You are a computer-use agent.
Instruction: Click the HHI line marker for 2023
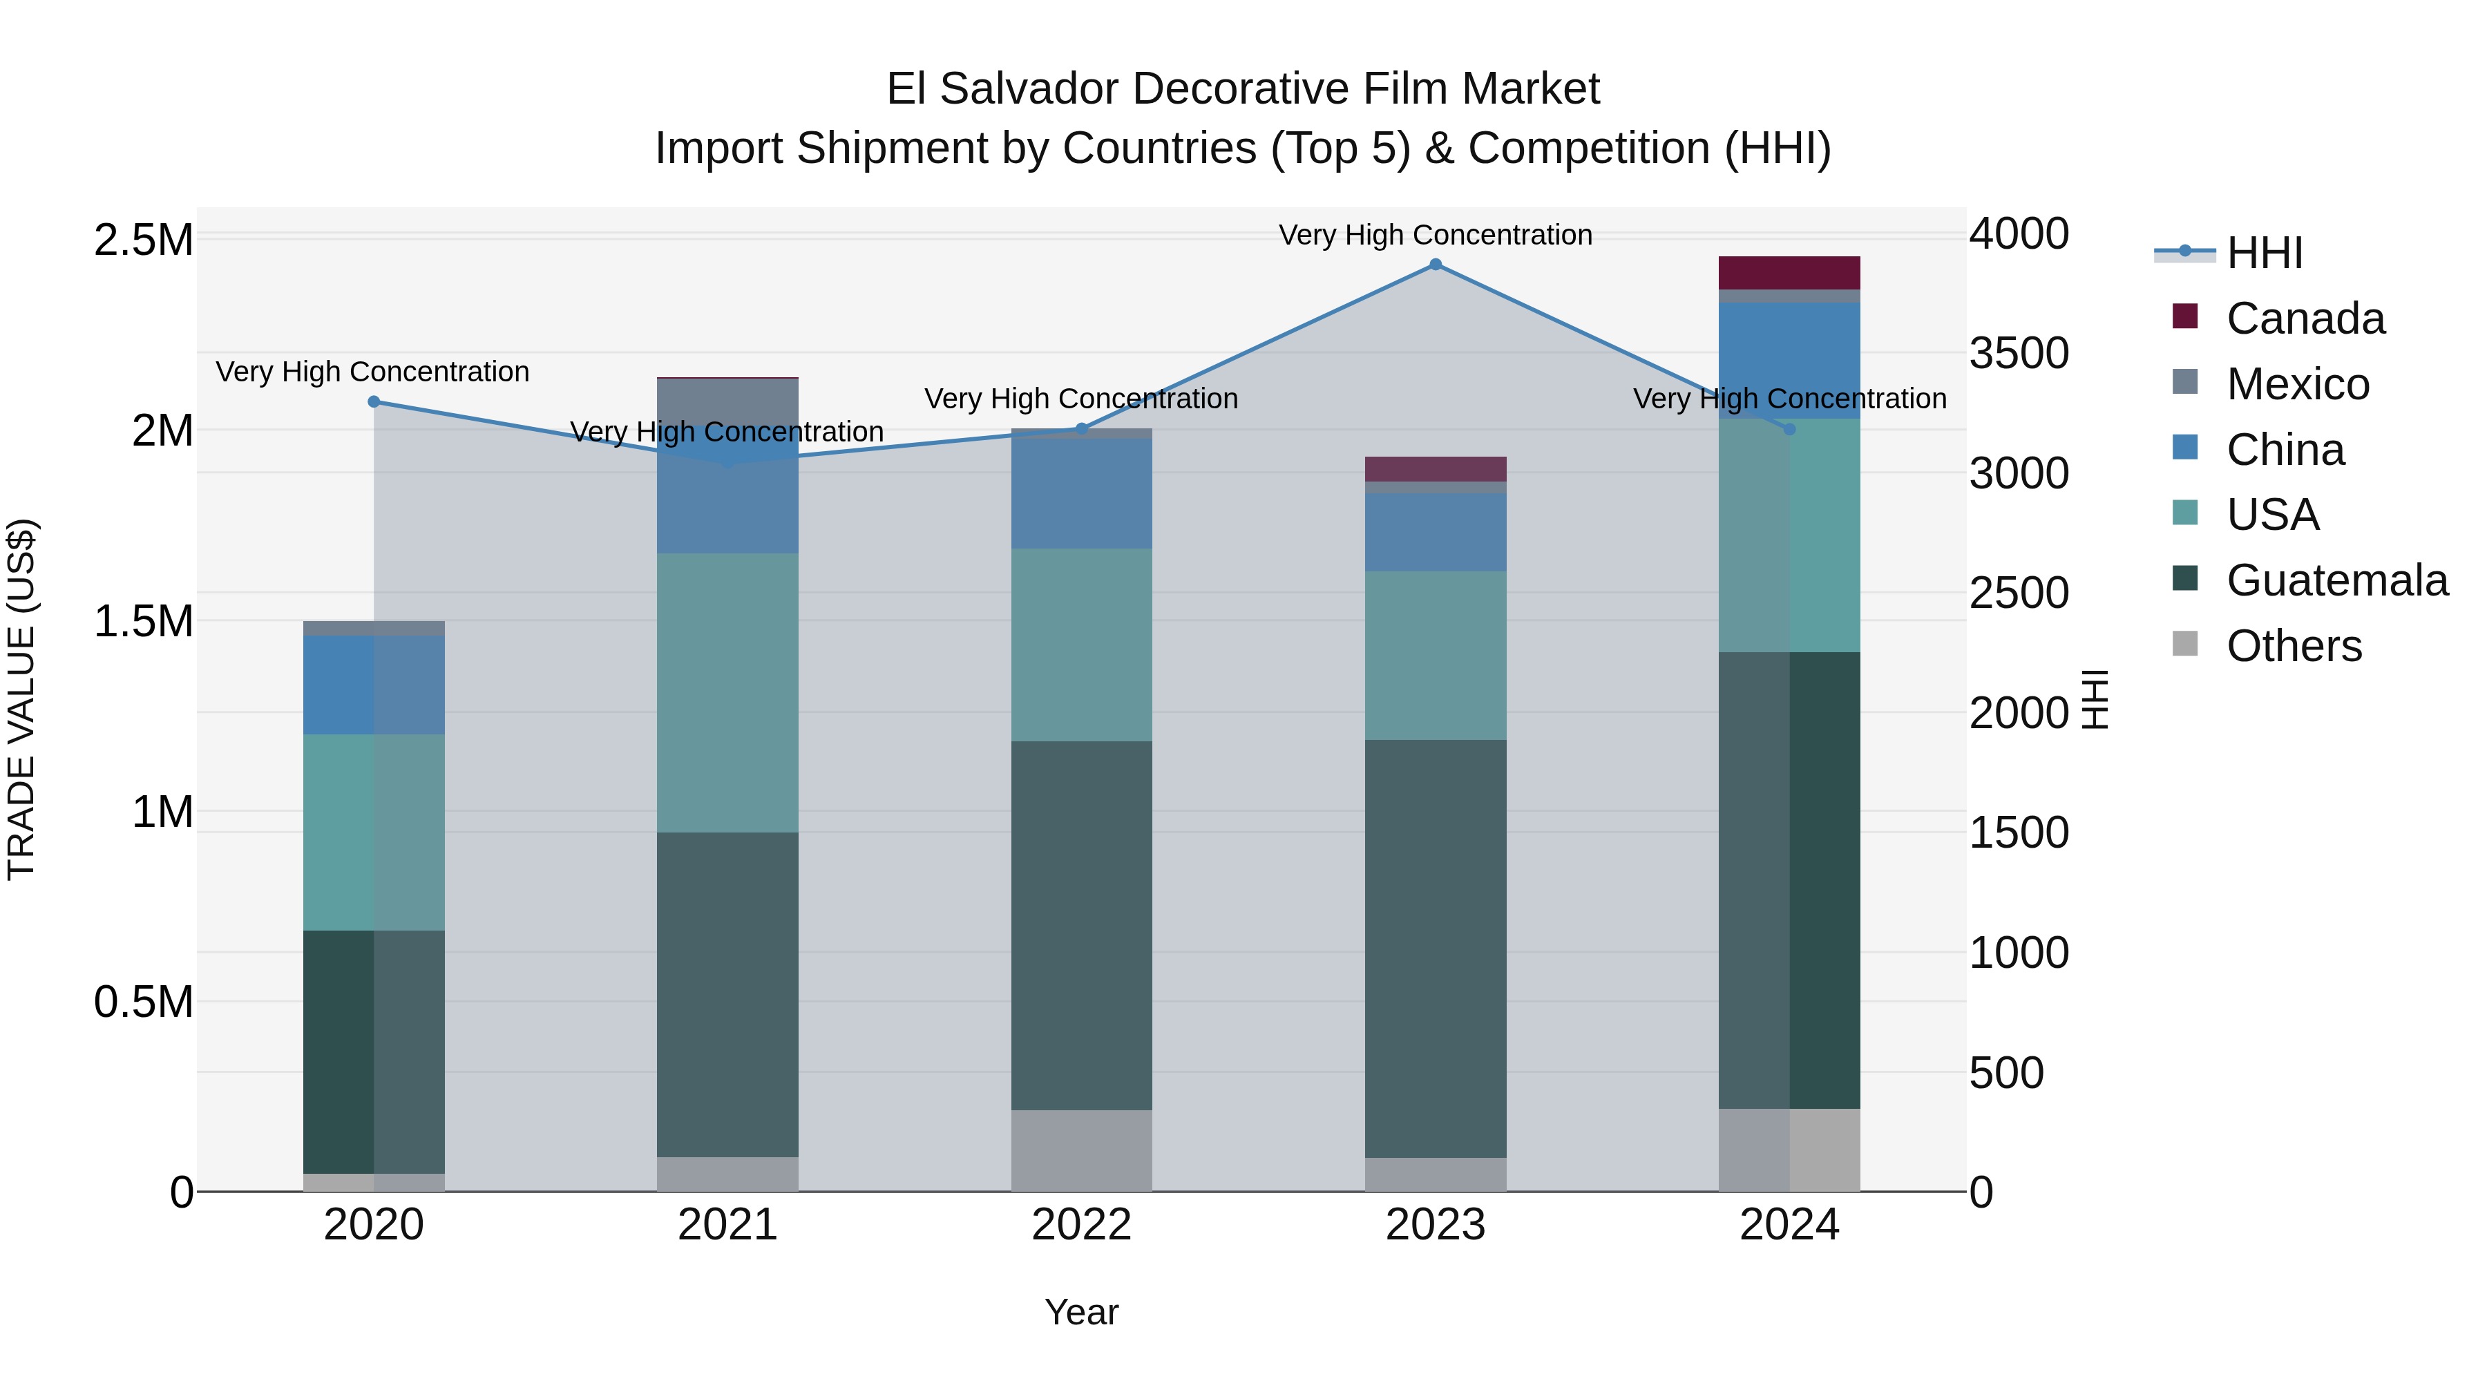pyautogui.click(x=1435, y=265)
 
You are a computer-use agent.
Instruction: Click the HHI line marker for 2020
pyautogui.click(x=374, y=401)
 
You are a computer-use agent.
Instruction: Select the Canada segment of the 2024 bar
pyautogui.click(x=1789, y=273)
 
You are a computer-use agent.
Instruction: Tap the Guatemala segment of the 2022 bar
pyautogui.click(x=1081, y=925)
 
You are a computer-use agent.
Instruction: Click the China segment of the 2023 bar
pyautogui.click(x=1435, y=532)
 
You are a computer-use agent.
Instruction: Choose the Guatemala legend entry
pyautogui.click(x=2336, y=580)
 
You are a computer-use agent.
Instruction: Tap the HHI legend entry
pyautogui.click(x=2264, y=253)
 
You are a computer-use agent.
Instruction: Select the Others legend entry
pyautogui.click(x=2293, y=646)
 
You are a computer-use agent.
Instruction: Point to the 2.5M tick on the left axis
pyautogui.click(x=143, y=240)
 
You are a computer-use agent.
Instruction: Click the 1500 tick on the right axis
pyautogui.click(x=2019, y=832)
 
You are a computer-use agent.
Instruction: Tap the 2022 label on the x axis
pyautogui.click(x=1081, y=1225)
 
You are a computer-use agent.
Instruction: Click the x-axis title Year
pyautogui.click(x=1081, y=1312)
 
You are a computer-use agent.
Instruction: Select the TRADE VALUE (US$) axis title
pyautogui.click(x=21, y=699)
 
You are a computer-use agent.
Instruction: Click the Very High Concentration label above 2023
pyautogui.click(x=1435, y=235)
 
